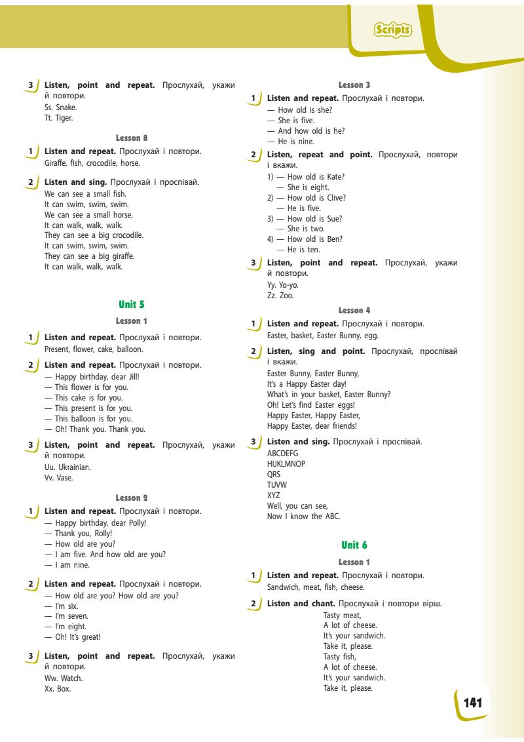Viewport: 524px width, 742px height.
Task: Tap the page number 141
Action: tap(473, 703)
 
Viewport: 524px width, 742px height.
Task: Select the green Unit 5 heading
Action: tap(131, 304)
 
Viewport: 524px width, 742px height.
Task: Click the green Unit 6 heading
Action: tap(354, 545)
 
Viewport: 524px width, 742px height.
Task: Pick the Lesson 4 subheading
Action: tap(354, 309)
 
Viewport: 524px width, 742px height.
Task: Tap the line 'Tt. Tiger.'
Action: tap(60, 118)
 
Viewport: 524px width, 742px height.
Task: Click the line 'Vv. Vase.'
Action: tap(59, 478)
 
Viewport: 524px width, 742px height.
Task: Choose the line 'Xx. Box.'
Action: tap(58, 689)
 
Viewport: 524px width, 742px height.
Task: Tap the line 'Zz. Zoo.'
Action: tap(277, 296)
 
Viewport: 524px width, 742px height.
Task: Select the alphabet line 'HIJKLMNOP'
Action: tap(286, 463)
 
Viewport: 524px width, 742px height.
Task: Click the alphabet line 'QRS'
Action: tap(274, 474)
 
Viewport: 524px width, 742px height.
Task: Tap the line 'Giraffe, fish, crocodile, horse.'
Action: tap(92, 163)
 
